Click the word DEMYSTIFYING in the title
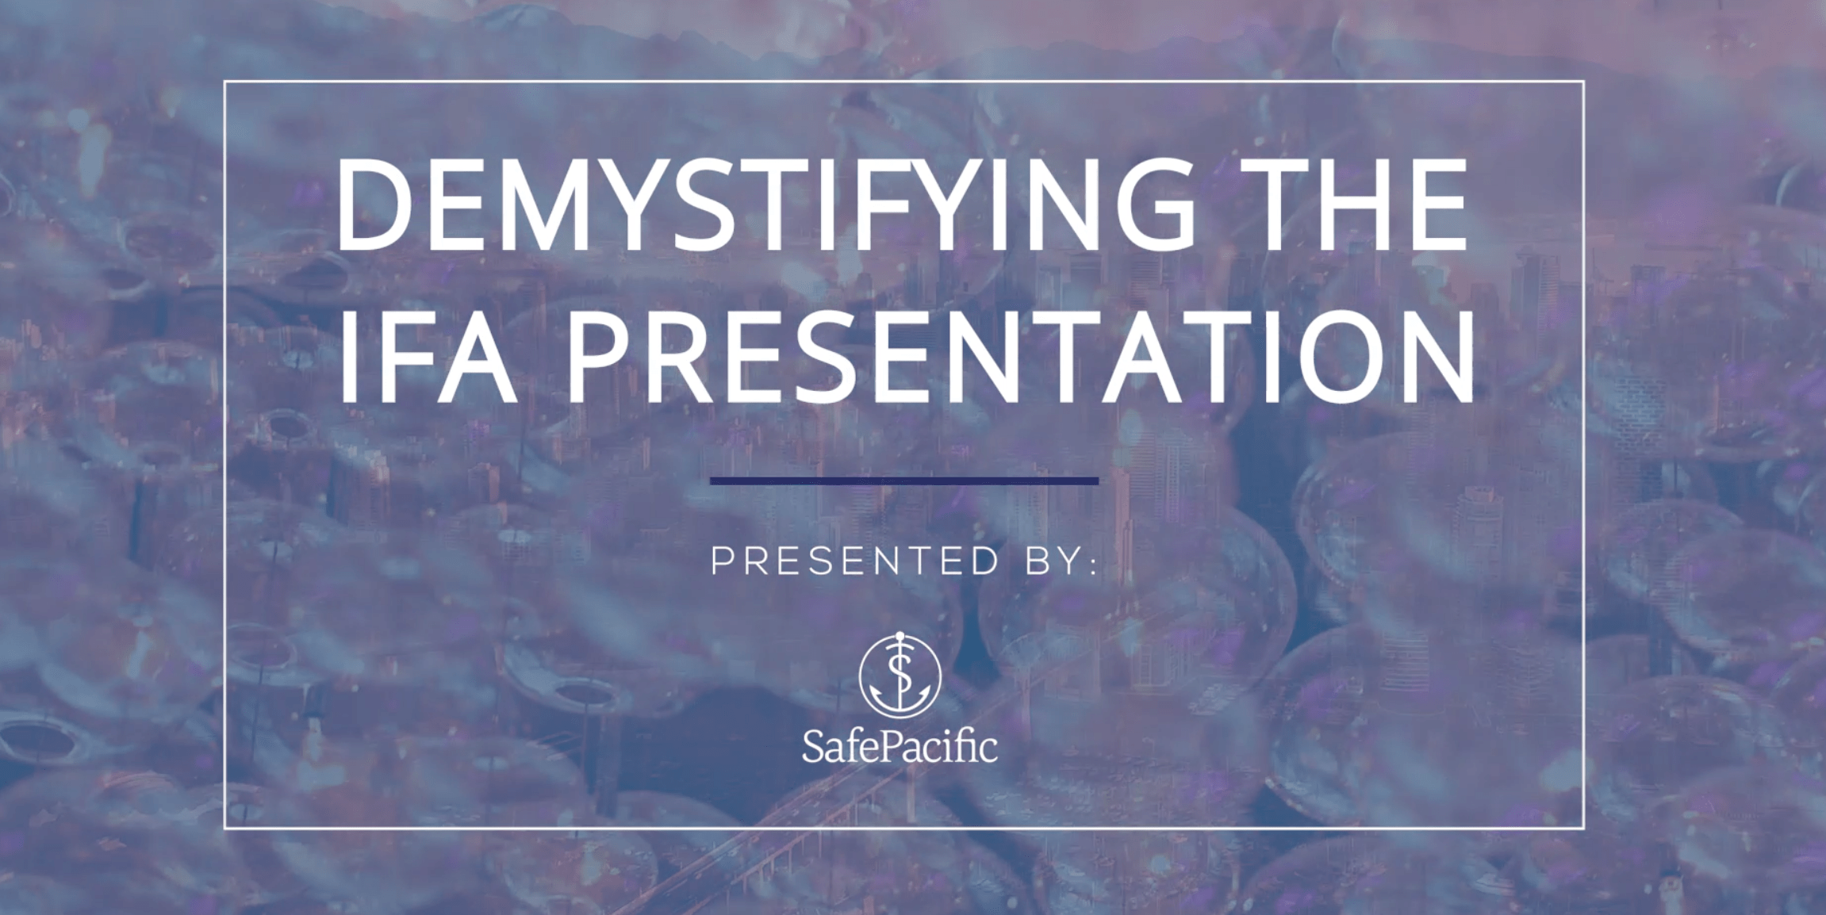(x=765, y=205)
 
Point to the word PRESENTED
(x=855, y=561)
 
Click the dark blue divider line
(x=904, y=480)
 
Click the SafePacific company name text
(x=900, y=747)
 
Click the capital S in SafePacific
(x=815, y=747)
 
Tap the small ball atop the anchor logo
(x=900, y=635)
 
